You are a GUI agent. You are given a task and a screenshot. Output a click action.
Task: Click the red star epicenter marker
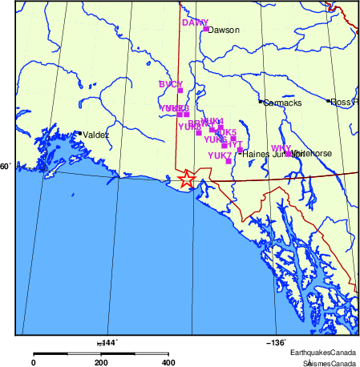[186, 179]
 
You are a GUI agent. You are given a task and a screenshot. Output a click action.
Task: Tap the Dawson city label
[224, 30]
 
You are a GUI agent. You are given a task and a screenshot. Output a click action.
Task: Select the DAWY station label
[195, 22]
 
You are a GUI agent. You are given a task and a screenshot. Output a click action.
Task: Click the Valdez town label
[95, 135]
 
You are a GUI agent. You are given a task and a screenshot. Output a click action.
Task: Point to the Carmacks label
[280, 103]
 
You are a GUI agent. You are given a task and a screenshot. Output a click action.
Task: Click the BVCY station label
[171, 84]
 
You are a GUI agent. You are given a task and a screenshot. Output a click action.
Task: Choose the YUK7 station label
[219, 155]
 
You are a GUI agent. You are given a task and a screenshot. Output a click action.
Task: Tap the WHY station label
[281, 148]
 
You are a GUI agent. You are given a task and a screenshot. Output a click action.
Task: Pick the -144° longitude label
[107, 342]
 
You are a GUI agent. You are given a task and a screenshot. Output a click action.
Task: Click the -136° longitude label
[277, 342]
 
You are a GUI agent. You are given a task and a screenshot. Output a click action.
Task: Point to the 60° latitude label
[6, 167]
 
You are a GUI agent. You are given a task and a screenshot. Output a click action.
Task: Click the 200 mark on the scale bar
[101, 362]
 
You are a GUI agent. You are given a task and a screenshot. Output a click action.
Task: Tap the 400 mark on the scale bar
[168, 362]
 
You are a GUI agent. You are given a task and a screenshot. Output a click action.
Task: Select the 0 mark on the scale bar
[34, 362]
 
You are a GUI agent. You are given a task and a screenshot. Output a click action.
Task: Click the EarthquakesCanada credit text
[324, 353]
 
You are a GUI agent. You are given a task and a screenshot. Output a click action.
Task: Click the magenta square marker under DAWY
[206, 29]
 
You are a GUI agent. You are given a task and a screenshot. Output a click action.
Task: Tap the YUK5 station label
[226, 132]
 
